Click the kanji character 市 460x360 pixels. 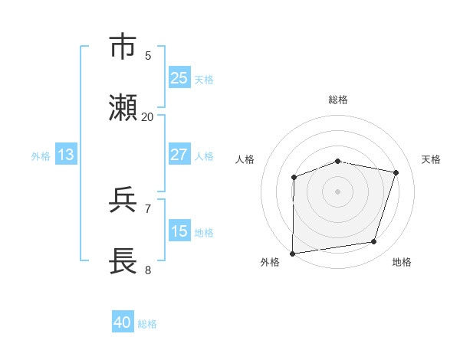[x=123, y=47]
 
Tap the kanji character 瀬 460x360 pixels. [x=123, y=108]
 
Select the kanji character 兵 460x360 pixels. [x=123, y=200]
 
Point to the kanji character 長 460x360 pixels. [x=123, y=260]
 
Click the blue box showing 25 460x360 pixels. [x=179, y=77]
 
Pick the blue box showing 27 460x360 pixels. [x=179, y=155]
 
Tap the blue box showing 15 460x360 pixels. [x=179, y=231]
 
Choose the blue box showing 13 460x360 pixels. [x=65, y=155]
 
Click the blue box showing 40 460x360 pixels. [x=123, y=322]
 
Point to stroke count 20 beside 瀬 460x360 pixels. [x=147, y=117]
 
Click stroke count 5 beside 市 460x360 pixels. [x=148, y=56]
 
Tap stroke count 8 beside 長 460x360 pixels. [x=148, y=270]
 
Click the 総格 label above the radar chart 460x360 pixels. [x=338, y=100]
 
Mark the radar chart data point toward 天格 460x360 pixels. [x=396, y=172]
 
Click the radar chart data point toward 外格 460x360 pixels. [x=293, y=253]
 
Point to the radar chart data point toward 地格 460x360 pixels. [x=374, y=242]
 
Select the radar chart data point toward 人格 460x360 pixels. [x=294, y=178]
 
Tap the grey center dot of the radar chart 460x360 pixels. [x=338, y=191]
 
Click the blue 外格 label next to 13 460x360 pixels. [x=41, y=155]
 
